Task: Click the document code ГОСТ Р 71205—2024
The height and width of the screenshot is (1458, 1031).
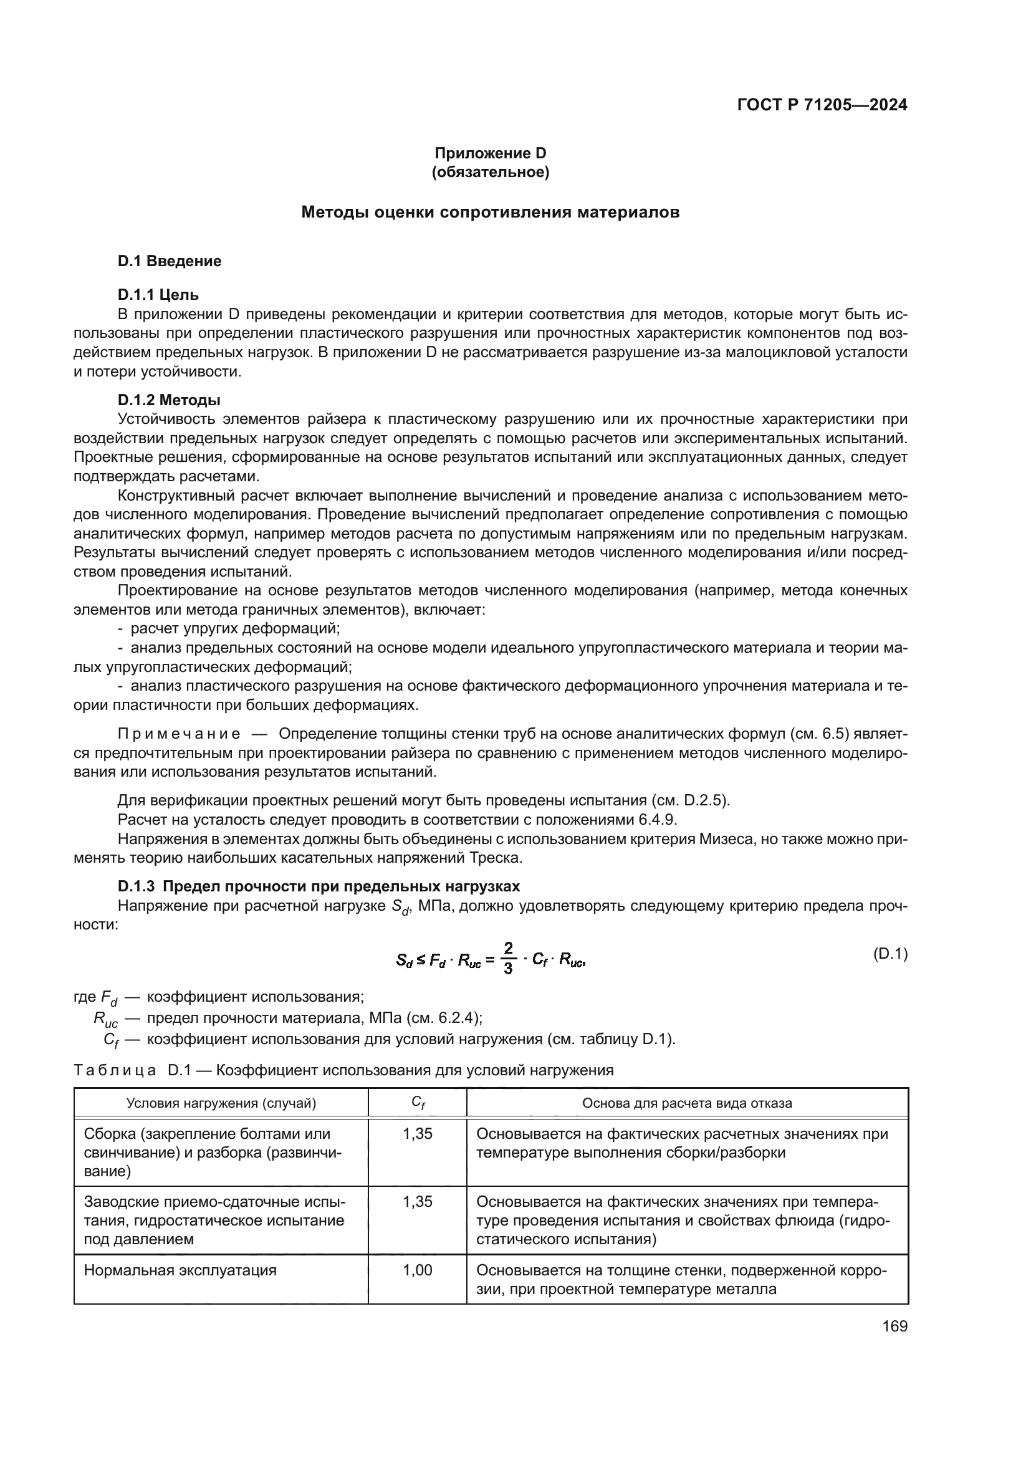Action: [x=822, y=105]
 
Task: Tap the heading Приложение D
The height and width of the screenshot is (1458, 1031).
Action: [x=490, y=153]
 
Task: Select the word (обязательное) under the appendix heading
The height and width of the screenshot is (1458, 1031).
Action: [x=490, y=172]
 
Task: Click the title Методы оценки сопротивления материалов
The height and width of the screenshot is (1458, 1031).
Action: [x=490, y=212]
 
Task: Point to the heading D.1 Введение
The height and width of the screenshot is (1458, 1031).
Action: [x=170, y=261]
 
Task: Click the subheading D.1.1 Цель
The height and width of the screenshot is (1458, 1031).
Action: [x=158, y=295]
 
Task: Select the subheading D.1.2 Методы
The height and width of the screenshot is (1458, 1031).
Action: [x=169, y=400]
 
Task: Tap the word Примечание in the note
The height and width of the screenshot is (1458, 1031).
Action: [x=179, y=734]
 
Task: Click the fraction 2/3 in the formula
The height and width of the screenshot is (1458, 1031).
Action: [x=508, y=959]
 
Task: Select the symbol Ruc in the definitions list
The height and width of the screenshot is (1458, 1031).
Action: [x=105, y=1019]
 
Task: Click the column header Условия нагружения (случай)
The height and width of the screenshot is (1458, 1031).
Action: [x=221, y=1103]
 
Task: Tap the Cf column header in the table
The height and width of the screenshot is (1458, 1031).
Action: [x=418, y=1103]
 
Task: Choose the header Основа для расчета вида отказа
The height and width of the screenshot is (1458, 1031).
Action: [x=687, y=1103]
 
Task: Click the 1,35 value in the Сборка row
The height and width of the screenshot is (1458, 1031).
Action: [x=418, y=1133]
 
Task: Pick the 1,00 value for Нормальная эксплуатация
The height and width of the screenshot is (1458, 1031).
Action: [x=418, y=1270]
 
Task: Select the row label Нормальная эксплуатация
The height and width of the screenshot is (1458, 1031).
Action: [x=180, y=1270]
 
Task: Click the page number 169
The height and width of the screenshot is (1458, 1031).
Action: [x=894, y=1326]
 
